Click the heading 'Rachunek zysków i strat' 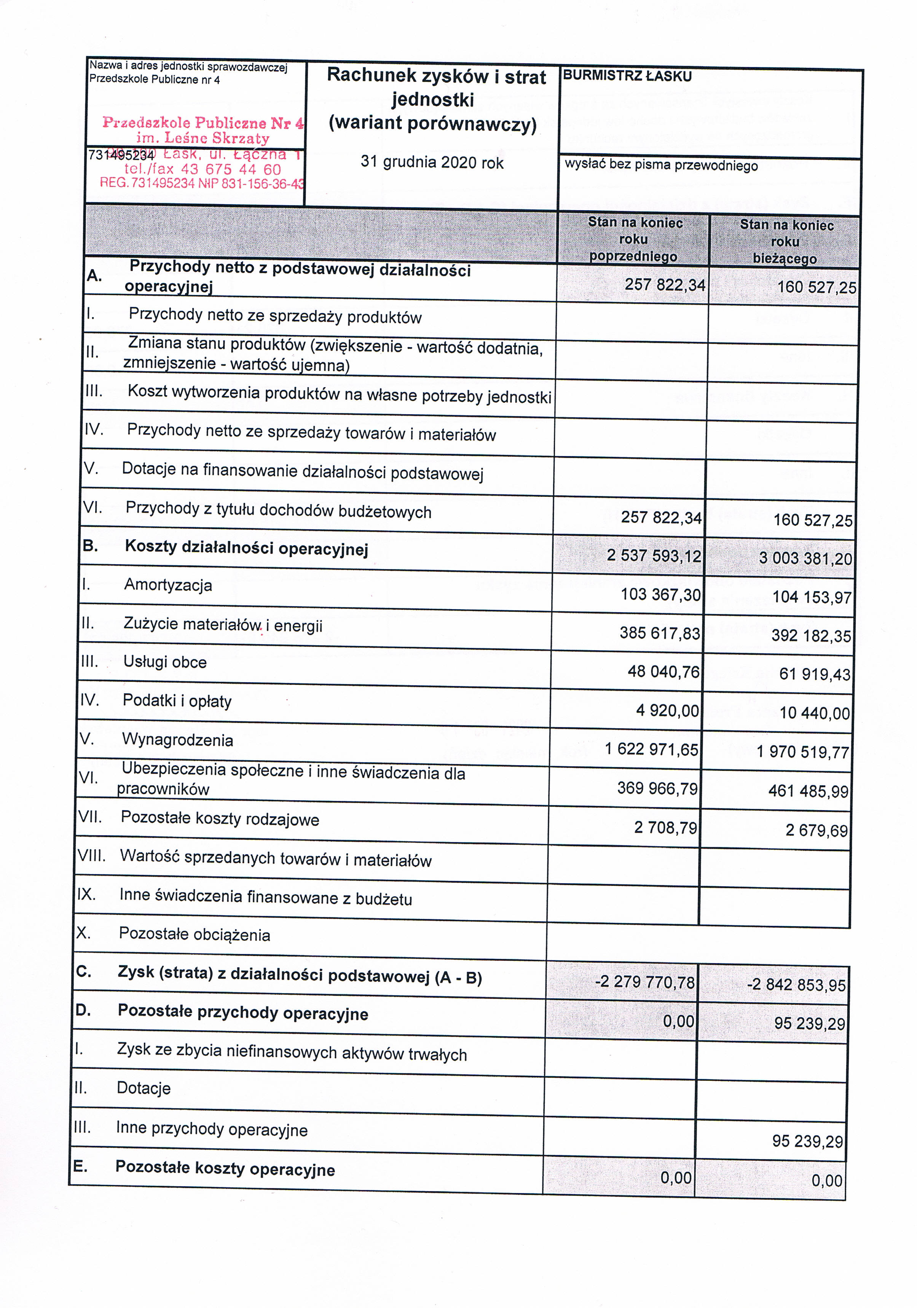(x=436, y=77)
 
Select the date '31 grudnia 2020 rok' (x=432, y=163)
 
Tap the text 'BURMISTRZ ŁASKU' (x=627, y=77)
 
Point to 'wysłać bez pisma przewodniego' (x=661, y=166)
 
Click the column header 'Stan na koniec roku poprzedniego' (x=634, y=239)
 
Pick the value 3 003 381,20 (x=805, y=558)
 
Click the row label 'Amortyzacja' (x=168, y=585)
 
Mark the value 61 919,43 (x=815, y=675)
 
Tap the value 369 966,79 (x=657, y=788)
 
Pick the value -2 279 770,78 (x=645, y=982)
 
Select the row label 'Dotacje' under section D (x=144, y=1088)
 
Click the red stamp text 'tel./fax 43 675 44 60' (x=202, y=169)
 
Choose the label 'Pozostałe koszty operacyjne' (x=225, y=1169)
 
